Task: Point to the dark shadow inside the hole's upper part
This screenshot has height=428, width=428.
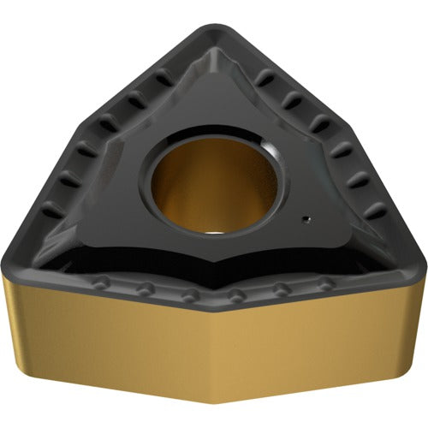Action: coord(205,154)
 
